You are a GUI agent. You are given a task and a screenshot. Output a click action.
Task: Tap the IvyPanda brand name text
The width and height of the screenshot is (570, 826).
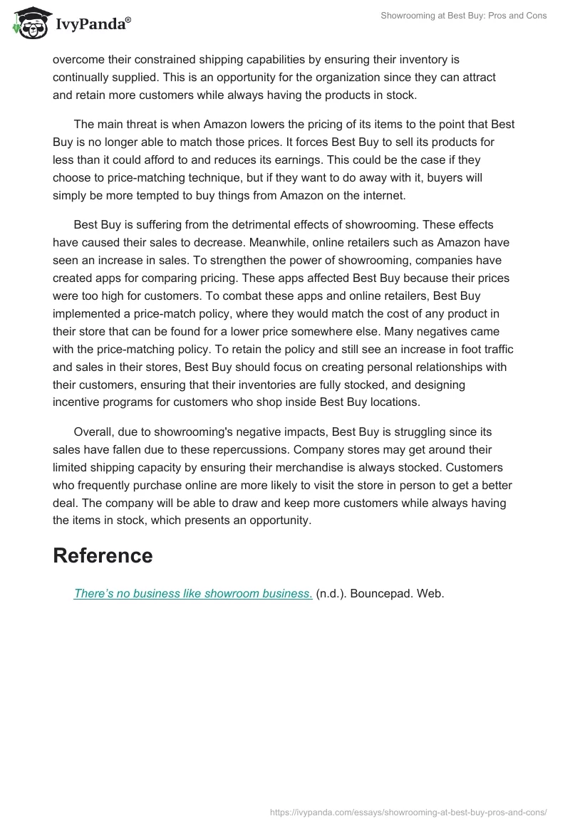[x=93, y=24]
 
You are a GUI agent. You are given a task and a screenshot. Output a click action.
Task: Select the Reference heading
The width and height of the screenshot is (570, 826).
[x=103, y=555]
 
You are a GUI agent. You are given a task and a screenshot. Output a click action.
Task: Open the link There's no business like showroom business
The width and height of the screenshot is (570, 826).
[x=192, y=593]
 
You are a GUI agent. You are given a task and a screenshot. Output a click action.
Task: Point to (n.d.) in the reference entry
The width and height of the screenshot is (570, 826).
[x=333, y=593]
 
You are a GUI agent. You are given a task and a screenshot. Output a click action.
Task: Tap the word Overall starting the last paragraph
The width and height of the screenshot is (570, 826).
[x=96, y=432]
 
